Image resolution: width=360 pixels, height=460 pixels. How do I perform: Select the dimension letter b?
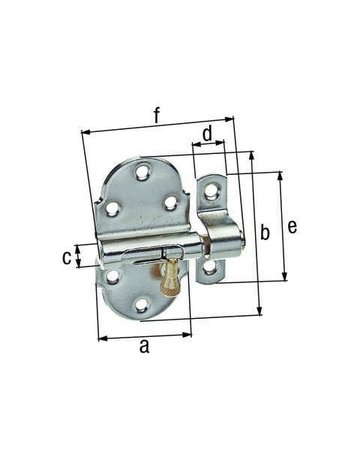[265, 233]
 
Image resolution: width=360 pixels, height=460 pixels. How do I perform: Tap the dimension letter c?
[67, 257]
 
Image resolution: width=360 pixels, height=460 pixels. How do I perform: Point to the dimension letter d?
[207, 132]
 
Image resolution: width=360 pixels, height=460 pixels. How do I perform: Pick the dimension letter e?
[293, 227]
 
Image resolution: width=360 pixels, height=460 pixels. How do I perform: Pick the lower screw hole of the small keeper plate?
[209, 267]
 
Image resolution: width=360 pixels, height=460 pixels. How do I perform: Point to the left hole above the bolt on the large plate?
[114, 208]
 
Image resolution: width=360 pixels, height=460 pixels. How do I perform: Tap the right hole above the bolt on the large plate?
[169, 203]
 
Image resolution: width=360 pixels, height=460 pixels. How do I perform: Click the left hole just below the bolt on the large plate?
[113, 275]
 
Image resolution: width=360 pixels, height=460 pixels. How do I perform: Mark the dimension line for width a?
[144, 334]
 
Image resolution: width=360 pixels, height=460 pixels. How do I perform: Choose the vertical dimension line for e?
[282, 227]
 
